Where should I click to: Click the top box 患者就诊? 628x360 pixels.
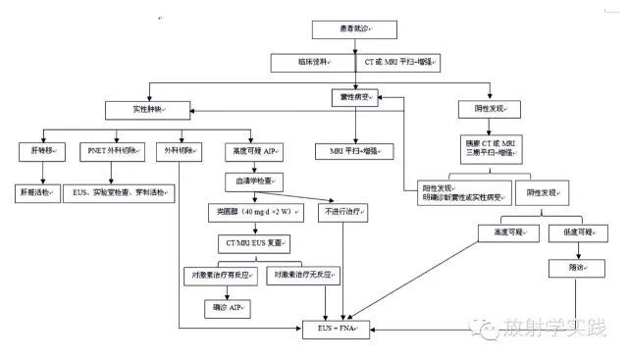click(x=355, y=30)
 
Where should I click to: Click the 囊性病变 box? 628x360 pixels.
click(x=354, y=100)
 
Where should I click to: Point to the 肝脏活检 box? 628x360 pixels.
click(x=40, y=193)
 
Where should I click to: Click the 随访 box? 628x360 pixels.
click(x=570, y=268)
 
